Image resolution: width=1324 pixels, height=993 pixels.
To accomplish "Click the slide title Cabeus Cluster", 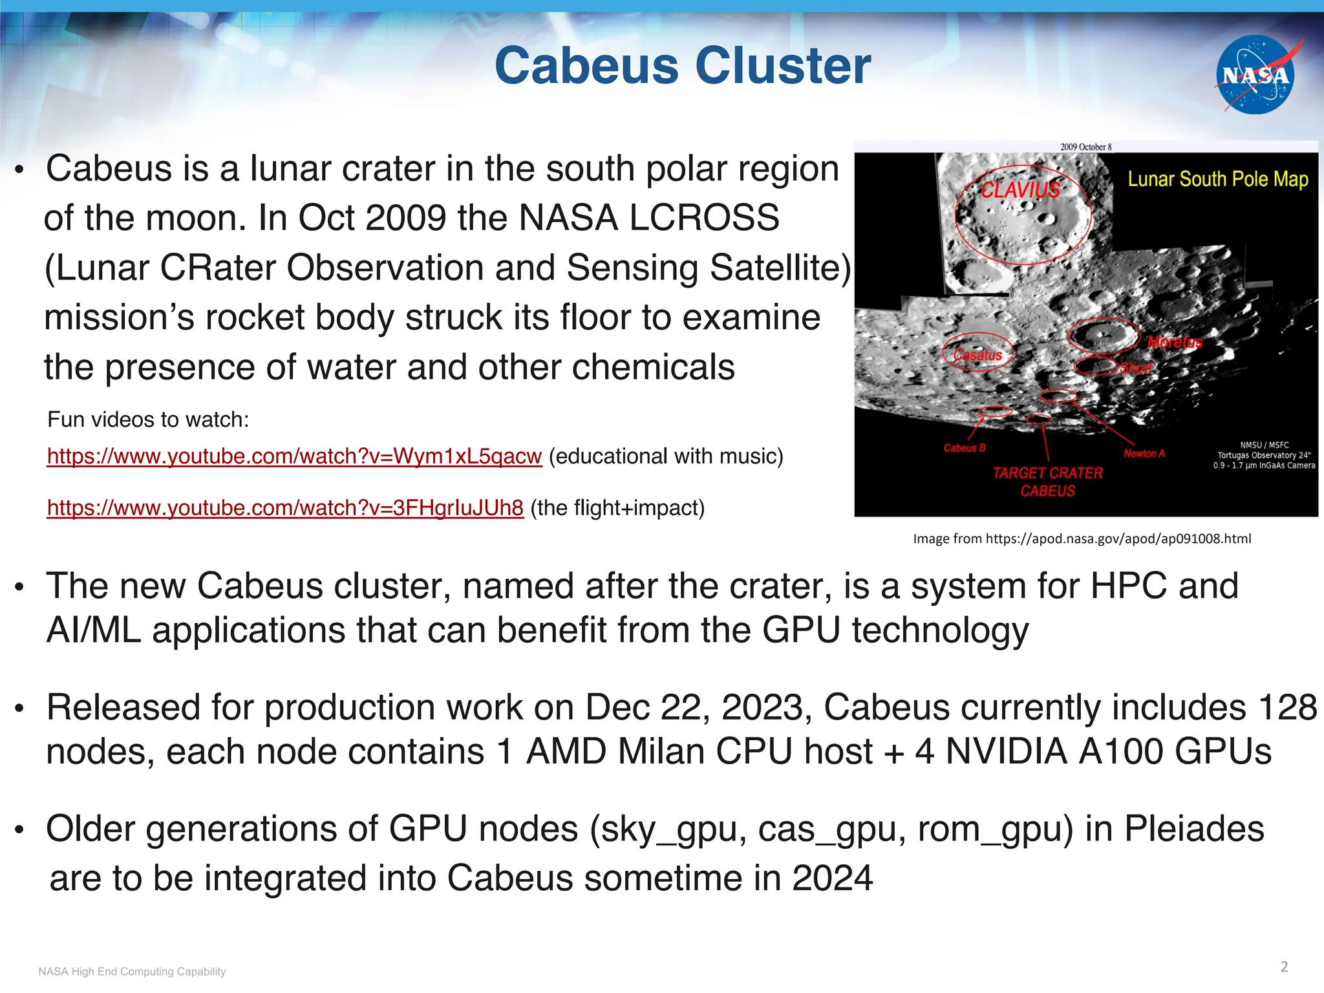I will tap(683, 66).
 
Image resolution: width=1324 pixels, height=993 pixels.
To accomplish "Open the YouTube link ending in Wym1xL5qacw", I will tap(294, 456).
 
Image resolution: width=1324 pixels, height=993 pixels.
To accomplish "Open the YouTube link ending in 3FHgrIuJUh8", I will tap(285, 508).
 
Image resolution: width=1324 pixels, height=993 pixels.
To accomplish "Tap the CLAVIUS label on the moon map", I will tap(1020, 189).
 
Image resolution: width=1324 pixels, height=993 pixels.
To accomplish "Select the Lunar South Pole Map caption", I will tap(1217, 179).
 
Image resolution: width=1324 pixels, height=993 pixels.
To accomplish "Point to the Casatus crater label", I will tap(977, 355).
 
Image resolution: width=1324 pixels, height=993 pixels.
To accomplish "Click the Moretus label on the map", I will tap(1175, 342).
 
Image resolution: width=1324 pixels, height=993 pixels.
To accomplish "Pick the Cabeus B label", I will tap(965, 448).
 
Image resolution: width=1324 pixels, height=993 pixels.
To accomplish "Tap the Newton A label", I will tap(1144, 454).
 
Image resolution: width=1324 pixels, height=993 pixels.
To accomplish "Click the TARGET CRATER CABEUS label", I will tap(1047, 482).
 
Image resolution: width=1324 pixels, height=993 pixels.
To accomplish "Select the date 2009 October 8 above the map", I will tap(1085, 147).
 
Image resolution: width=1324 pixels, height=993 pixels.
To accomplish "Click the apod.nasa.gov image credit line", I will tap(1082, 539).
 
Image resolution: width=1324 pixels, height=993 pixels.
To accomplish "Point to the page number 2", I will tap(1284, 966).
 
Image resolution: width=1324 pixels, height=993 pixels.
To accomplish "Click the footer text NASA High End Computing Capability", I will tap(132, 972).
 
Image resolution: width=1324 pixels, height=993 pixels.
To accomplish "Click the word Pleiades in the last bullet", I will tap(1194, 829).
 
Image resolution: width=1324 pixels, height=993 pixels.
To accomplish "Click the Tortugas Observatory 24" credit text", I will tap(1264, 455).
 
